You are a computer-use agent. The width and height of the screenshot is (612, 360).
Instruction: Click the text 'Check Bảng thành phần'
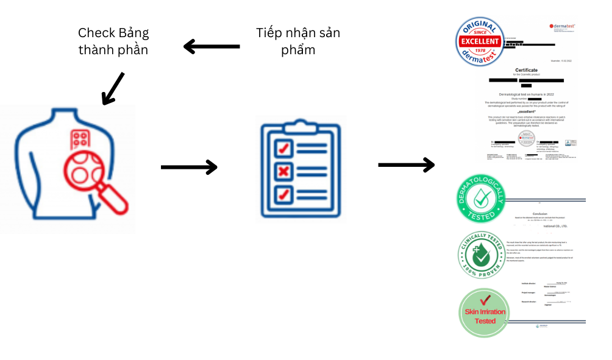tap(113, 41)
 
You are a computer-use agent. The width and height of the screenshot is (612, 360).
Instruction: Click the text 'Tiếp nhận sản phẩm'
tap(298, 41)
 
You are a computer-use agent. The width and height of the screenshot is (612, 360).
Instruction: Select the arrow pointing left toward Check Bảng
tap(212, 46)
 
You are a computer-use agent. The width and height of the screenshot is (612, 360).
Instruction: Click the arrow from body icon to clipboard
tap(189, 166)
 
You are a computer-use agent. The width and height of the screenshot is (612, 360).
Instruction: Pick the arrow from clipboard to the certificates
tap(406, 164)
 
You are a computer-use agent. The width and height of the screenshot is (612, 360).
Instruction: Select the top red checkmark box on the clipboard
tap(283, 147)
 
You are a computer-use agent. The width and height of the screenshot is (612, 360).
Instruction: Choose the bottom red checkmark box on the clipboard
tap(283, 194)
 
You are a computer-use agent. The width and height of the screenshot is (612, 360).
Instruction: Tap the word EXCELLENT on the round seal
tap(480, 41)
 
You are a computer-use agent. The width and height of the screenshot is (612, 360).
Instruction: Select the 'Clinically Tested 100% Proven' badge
tap(483, 256)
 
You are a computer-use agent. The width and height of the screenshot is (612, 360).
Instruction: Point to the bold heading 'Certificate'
tap(527, 70)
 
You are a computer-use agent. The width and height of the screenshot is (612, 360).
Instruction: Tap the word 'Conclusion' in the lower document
tap(541, 213)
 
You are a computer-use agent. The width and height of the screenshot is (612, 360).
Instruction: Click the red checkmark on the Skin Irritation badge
tap(486, 300)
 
